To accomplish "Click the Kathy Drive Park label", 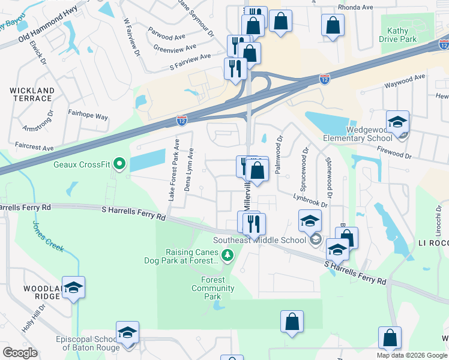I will pyautogui.click(x=397, y=35).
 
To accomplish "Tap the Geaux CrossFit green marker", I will pyautogui.click(x=119, y=163).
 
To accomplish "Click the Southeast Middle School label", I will pyautogui.click(x=259, y=241).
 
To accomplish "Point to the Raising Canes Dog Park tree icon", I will pyautogui.click(x=227, y=256).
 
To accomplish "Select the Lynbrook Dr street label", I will pyautogui.click(x=310, y=200).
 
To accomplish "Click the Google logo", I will pyautogui.click(x=20, y=352).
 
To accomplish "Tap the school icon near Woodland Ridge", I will pyautogui.click(x=74, y=287).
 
